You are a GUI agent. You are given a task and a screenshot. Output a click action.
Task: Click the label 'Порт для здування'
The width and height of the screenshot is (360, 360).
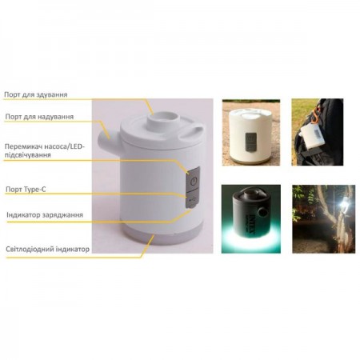(x=36, y=94)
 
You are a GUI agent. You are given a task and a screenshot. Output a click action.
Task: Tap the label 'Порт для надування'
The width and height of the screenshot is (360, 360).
(x=39, y=117)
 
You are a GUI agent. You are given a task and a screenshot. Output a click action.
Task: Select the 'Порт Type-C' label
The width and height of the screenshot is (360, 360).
(x=26, y=190)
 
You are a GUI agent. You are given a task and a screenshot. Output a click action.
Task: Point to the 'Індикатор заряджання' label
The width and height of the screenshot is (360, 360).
(x=45, y=215)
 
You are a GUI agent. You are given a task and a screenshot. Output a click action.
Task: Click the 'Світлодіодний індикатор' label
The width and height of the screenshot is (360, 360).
(x=48, y=250)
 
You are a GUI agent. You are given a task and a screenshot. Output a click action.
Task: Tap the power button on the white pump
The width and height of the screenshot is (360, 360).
(x=194, y=182)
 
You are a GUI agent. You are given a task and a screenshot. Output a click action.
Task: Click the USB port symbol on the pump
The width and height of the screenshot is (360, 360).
(x=192, y=198)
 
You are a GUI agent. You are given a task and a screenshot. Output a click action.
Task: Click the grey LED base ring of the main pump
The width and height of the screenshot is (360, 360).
(x=162, y=234)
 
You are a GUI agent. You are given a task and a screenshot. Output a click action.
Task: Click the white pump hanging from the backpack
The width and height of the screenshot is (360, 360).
(x=313, y=137)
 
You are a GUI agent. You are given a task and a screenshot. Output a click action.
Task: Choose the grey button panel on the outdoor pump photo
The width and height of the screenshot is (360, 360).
(x=250, y=142)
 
